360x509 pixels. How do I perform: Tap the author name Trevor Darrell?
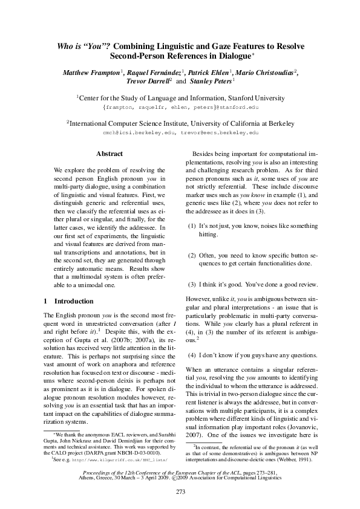tap(148, 81)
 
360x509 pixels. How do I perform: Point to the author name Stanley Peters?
tap(210, 81)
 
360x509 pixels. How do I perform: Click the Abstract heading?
tap(110, 154)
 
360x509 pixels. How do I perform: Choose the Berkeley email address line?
tap(180, 131)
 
